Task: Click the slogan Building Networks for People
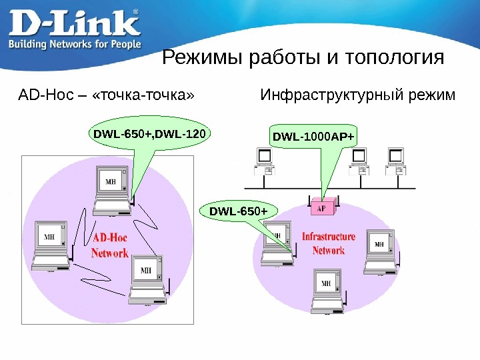coord(74,44)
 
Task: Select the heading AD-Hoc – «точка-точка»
coord(107,95)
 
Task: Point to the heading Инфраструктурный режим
coord(357,95)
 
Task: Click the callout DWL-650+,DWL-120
coord(150,135)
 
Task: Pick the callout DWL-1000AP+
coord(313,137)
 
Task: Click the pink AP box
coord(321,207)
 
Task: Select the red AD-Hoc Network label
coord(110,246)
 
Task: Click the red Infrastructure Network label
coord(329,243)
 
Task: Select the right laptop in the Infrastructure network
coord(379,252)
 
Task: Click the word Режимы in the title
coord(203,58)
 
